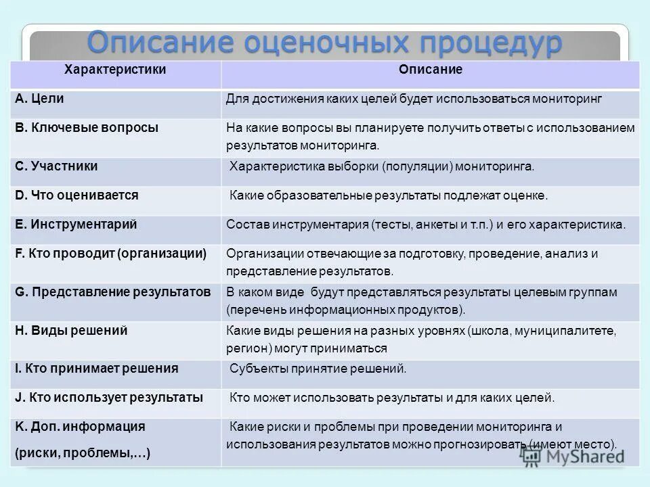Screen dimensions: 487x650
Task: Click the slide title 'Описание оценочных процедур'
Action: [324, 43]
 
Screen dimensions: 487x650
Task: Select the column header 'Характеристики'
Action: [115, 70]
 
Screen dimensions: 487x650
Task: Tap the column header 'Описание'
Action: [430, 70]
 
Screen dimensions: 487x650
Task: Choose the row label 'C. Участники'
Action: [56, 166]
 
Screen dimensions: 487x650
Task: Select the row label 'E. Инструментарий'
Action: [76, 224]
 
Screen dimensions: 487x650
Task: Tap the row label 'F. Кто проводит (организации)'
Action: [110, 254]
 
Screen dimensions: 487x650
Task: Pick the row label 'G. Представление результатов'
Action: [112, 292]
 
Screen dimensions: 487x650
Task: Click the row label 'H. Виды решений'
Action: [71, 331]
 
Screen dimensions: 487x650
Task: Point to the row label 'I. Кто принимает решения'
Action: [96, 369]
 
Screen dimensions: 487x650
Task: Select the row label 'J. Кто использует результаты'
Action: [108, 398]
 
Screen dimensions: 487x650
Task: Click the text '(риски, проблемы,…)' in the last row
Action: [82, 454]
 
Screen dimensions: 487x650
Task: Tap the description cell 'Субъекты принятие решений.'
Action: [318, 369]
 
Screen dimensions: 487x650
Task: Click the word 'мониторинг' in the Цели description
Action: [567, 99]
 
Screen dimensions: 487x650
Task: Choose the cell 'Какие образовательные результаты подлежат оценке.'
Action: [388, 195]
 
